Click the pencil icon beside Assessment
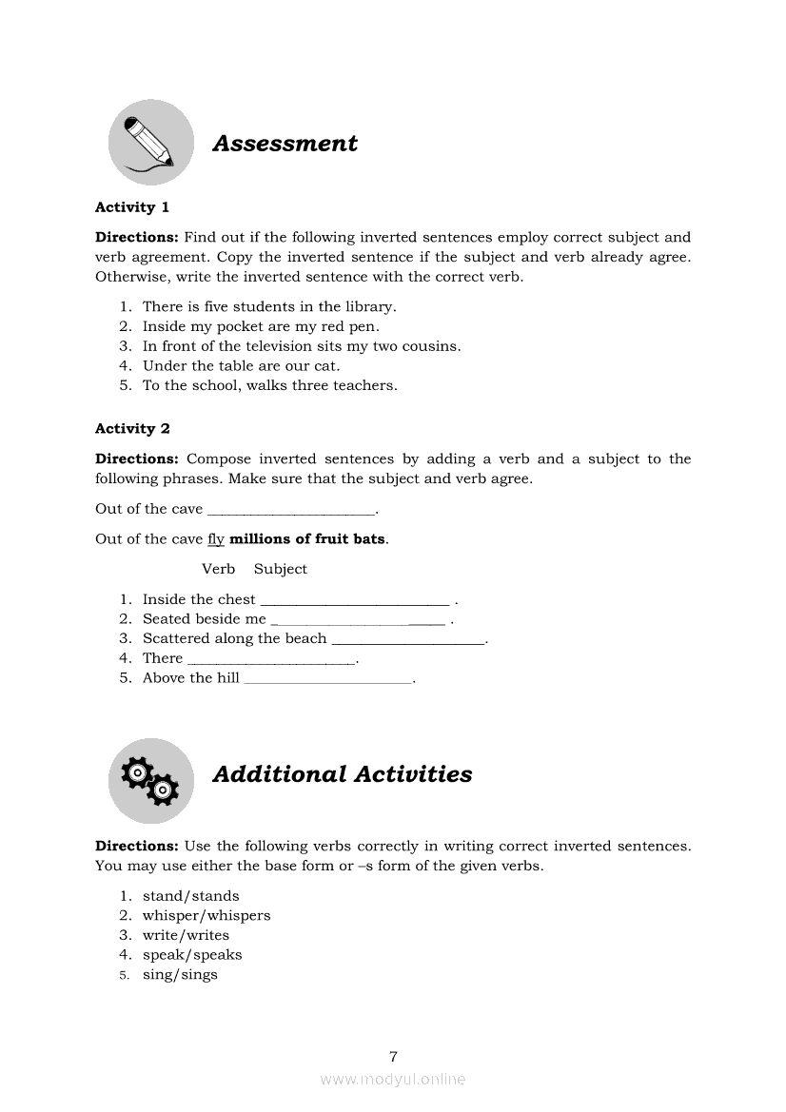150,143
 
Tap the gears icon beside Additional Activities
150,780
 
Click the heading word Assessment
285,144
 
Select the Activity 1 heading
132,207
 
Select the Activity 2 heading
132,429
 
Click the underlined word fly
216,539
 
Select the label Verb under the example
218,569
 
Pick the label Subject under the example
281,569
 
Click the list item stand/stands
190,896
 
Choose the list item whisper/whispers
206,916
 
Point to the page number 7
393,1056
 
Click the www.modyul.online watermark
393,1080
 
